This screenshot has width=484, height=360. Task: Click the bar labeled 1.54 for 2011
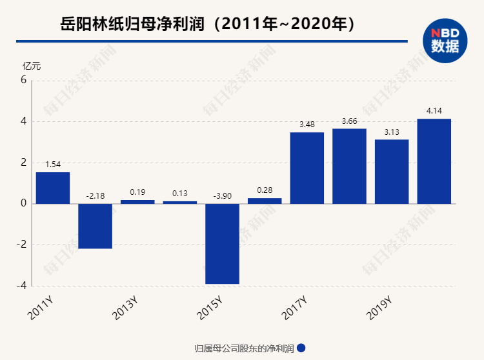(53, 188)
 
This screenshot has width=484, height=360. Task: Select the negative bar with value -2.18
(96, 226)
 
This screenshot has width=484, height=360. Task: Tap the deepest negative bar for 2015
(223, 244)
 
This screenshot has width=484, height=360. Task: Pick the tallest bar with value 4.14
(434, 161)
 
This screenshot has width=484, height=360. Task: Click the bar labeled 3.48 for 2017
(307, 168)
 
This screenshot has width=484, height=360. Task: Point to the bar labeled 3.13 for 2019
(392, 172)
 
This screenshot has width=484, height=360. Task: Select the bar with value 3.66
(350, 166)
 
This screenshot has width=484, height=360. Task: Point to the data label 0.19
(137, 192)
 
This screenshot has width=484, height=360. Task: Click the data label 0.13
(180, 193)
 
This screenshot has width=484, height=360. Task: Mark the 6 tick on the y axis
(23, 81)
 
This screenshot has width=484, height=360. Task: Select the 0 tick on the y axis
(23, 204)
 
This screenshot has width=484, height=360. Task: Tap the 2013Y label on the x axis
(125, 308)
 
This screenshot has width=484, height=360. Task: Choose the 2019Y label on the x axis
(379, 308)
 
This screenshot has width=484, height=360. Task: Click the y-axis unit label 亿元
(32, 66)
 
